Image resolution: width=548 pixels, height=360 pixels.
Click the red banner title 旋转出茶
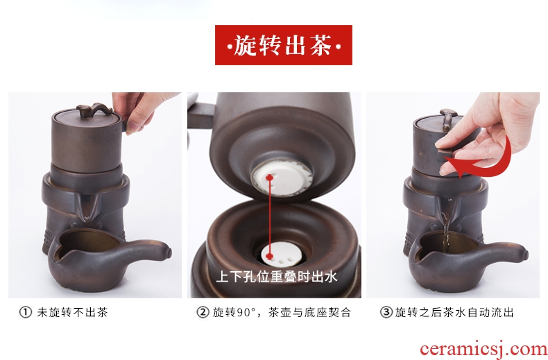(283, 45)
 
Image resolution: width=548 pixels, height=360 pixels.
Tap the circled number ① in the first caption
(25, 312)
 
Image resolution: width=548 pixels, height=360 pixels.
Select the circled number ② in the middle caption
(203, 312)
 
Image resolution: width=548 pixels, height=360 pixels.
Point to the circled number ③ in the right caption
(386, 312)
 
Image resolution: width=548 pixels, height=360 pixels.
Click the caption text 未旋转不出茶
(72, 312)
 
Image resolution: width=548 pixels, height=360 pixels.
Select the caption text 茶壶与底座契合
(309, 312)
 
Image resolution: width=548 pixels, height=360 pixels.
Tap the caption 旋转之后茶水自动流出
(454, 312)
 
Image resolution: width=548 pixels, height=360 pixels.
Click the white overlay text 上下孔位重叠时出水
(277, 277)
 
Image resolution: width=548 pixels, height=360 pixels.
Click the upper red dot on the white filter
(269, 178)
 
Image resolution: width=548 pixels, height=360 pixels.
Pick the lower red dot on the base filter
(269, 256)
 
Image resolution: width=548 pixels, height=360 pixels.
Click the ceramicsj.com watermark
(483, 349)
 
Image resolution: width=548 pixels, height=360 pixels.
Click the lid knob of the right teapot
(448, 118)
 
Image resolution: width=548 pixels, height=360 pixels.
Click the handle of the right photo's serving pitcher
(504, 250)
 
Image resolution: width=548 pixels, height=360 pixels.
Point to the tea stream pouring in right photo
(445, 223)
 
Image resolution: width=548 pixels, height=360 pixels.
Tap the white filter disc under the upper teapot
(282, 175)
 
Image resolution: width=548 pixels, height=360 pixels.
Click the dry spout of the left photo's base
(86, 207)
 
